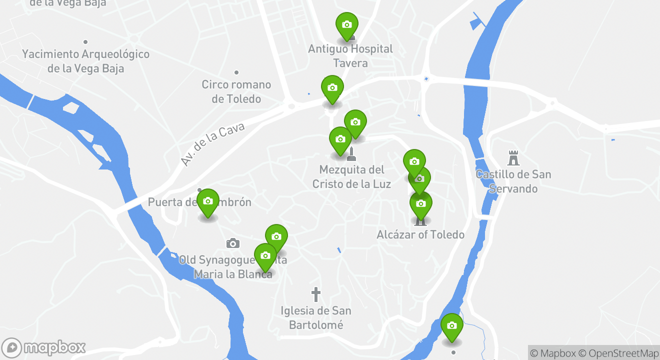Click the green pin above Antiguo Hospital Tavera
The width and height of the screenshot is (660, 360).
[346, 25]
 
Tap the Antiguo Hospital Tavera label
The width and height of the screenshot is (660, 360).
[350, 56]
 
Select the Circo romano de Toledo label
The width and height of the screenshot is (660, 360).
[236, 91]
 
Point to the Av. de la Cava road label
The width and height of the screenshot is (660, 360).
[212, 144]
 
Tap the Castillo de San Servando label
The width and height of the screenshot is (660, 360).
[513, 181]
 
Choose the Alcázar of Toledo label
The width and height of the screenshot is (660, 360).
[420, 234]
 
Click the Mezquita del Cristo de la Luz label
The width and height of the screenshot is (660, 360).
[351, 177]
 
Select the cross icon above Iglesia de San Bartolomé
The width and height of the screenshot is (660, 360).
[315, 294]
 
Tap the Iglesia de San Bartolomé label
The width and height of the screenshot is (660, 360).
[316, 318]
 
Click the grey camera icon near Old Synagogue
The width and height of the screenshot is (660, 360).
[232, 243]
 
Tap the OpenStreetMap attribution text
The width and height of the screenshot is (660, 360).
[623, 353]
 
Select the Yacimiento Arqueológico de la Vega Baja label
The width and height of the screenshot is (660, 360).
[85, 61]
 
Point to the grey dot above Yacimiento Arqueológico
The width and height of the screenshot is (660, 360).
[85, 42]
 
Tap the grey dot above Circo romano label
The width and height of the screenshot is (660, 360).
[236, 72]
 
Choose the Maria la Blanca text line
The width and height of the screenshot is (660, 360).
[233, 274]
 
